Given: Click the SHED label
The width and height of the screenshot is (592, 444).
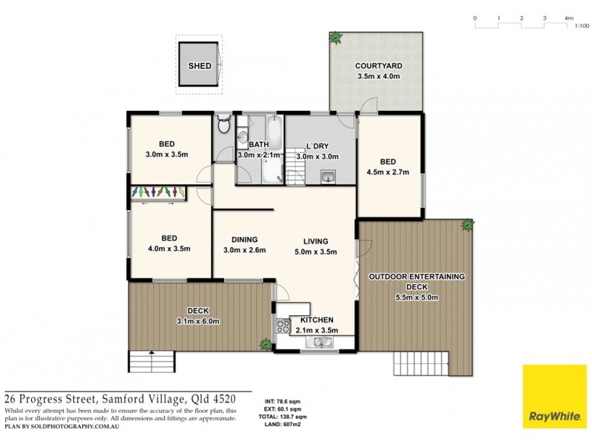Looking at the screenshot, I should coord(199,66).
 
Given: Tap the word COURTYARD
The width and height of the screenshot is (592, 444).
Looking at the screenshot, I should coord(378,66).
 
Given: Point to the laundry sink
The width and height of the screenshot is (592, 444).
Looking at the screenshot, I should coord(328,176).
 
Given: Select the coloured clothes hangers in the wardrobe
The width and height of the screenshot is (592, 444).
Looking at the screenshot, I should coord(158,192).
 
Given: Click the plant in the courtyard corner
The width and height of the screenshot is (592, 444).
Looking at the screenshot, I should coord(336,36).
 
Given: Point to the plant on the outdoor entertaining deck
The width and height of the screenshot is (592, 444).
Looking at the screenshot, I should coord(467,224).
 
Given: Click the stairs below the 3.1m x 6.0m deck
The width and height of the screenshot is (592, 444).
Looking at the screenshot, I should coord(152,363).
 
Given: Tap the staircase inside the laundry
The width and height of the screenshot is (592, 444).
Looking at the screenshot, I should coord(297,175).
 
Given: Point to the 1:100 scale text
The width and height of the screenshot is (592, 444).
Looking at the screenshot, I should coord(581,26).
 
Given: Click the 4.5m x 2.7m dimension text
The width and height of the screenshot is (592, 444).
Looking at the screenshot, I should coord(388,173).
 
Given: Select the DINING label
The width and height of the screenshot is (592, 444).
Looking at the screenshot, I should coord(243,239).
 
